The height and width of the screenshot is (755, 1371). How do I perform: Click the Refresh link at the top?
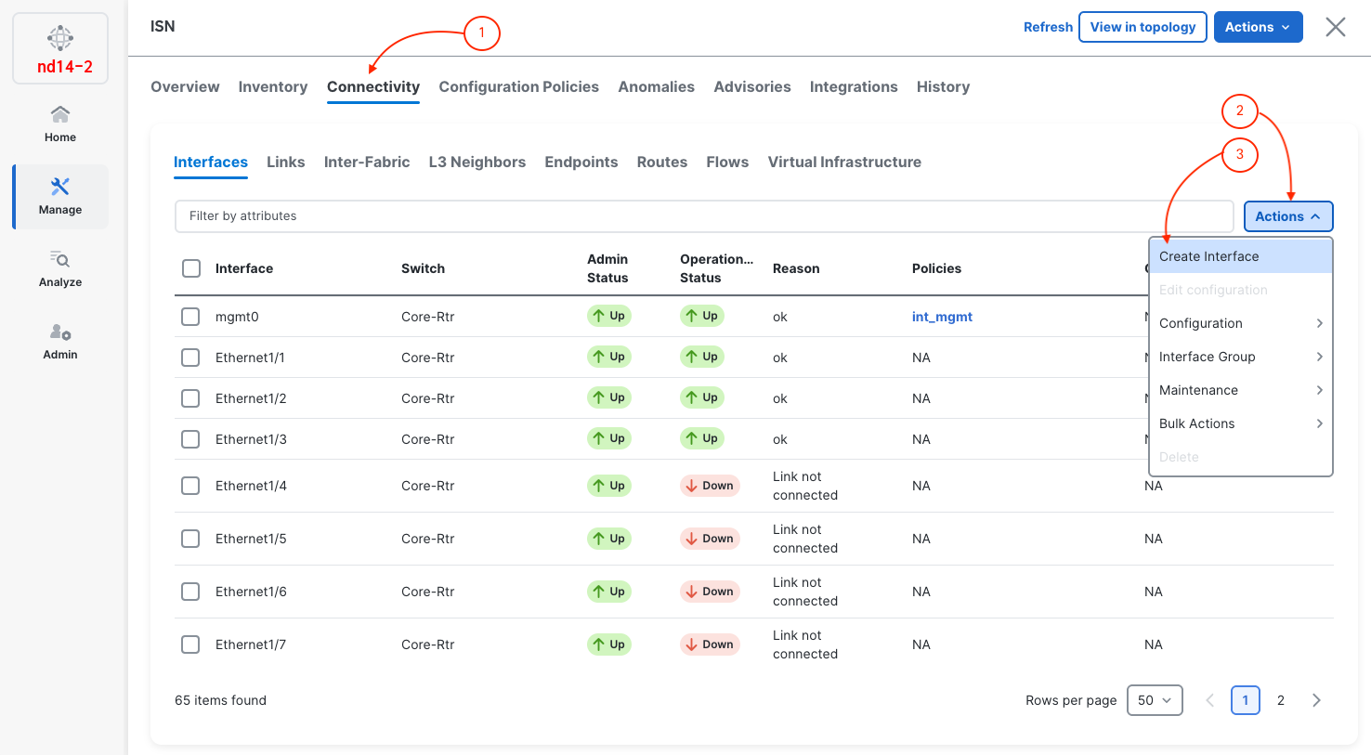(x=1048, y=27)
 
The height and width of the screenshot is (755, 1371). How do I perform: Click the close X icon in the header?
(x=1335, y=27)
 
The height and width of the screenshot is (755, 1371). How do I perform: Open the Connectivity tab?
(x=373, y=86)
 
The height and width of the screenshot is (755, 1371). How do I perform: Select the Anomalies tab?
(x=656, y=86)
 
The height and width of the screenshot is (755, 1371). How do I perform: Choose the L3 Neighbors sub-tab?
(x=477, y=162)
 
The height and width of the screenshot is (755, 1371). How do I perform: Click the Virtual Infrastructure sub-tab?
(x=844, y=162)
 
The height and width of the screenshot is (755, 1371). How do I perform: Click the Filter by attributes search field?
(x=703, y=216)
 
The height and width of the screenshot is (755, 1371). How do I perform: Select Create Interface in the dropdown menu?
(x=1208, y=256)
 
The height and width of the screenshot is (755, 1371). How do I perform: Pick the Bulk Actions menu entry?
(x=1196, y=423)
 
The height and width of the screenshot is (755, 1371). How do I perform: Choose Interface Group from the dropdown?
(x=1207, y=357)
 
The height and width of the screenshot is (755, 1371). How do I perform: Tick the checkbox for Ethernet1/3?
(x=190, y=439)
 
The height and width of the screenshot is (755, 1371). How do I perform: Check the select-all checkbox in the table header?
(x=191, y=268)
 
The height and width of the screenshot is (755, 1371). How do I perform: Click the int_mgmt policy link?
(x=942, y=317)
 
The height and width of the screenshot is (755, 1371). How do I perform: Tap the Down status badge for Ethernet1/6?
(x=710, y=592)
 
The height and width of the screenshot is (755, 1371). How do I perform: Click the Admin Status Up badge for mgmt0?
(x=608, y=317)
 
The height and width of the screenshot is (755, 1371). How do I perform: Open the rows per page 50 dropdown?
(x=1154, y=700)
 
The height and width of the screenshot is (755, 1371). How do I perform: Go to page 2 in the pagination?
(x=1280, y=700)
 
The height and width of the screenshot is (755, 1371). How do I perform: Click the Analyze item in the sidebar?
(x=60, y=268)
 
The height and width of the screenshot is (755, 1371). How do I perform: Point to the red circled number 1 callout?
(x=481, y=33)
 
